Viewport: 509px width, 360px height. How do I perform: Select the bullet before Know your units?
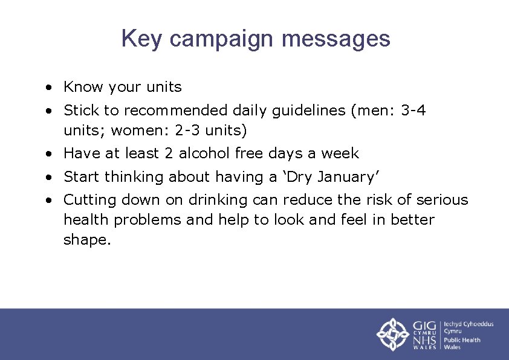tap(47, 88)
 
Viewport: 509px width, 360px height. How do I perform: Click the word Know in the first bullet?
tap(83, 87)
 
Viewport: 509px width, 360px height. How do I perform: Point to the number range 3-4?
tap(413, 111)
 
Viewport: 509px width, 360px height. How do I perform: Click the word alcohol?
tap(203, 153)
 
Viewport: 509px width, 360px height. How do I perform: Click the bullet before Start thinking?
tap(47, 178)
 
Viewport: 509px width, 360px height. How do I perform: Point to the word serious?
tap(439, 200)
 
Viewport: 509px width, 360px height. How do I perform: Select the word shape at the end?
tap(86, 240)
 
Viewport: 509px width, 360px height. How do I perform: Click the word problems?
tap(148, 220)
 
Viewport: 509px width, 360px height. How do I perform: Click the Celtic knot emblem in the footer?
tap(393, 334)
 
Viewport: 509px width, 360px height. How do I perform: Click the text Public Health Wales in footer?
tap(462, 343)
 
